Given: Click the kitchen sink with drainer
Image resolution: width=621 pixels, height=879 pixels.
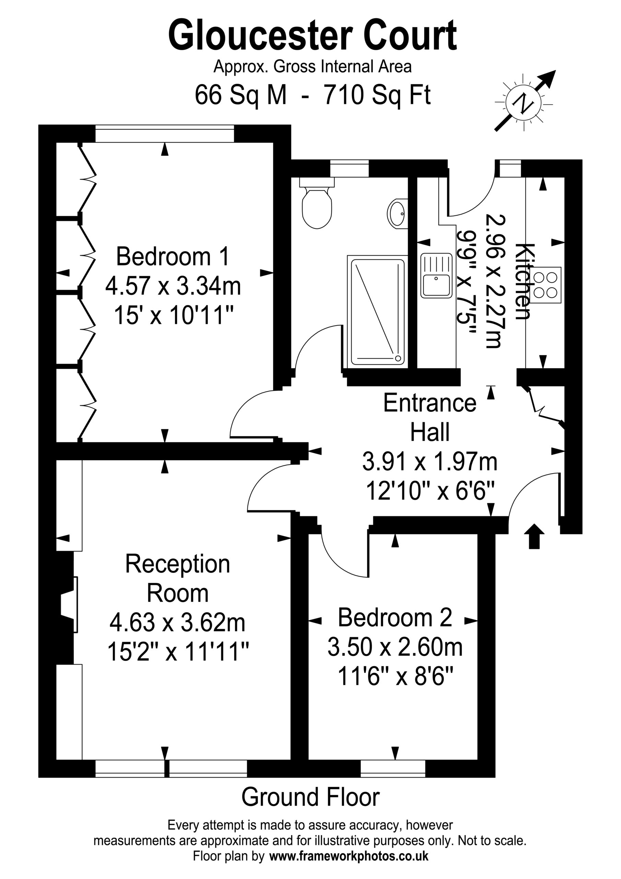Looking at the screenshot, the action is [x=436, y=275].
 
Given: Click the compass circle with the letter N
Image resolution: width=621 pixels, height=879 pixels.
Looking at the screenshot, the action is [x=523, y=103].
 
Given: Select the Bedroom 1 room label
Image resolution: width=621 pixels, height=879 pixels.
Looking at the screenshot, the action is [x=173, y=256].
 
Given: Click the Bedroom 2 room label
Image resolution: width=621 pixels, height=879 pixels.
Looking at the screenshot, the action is [x=395, y=617].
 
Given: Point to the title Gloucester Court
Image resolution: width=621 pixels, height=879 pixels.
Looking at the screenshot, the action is [x=312, y=36].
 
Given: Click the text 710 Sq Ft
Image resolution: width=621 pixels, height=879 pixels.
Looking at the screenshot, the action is [x=378, y=95].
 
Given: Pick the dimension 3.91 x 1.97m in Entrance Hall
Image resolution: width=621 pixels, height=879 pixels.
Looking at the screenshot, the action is [x=430, y=462].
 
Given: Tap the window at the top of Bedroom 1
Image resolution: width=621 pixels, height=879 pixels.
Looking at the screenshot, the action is [x=165, y=134].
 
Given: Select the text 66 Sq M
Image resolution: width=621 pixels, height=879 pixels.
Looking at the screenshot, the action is [x=241, y=95].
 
